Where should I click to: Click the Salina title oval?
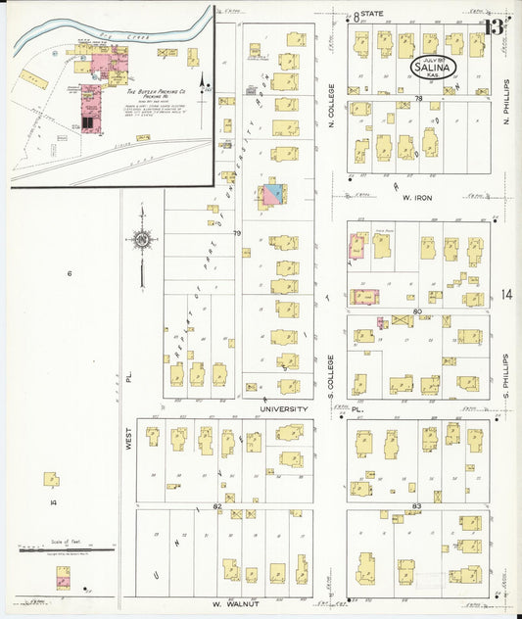(x=431, y=68)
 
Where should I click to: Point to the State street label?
(x=371, y=14)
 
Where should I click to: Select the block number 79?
(x=236, y=233)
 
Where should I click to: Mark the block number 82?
(x=216, y=506)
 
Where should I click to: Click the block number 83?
(x=417, y=505)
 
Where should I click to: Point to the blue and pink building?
(x=272, y=194)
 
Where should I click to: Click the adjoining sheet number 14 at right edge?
(x=504, y=294)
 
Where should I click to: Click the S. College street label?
(x=332, y=372)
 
